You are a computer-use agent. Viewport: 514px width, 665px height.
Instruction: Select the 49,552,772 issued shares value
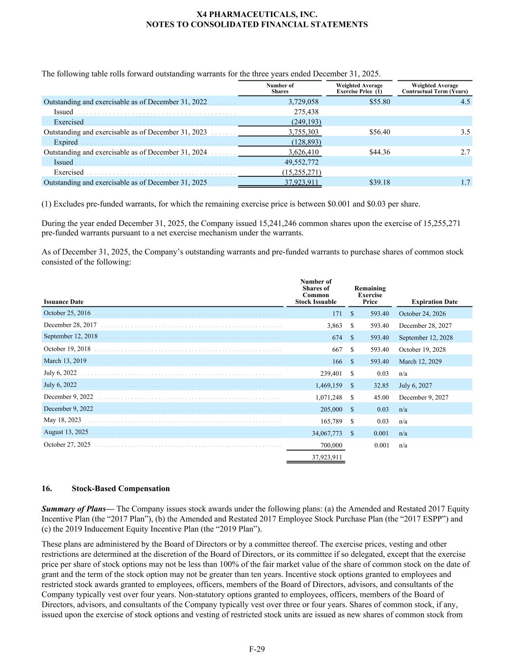301,162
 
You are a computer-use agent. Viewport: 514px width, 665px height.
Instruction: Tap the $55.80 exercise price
380,102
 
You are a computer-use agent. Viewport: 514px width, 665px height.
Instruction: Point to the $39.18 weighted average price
380,182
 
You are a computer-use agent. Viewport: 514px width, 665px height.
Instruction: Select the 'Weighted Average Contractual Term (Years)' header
435,88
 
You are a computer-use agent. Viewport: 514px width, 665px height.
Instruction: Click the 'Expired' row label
66,142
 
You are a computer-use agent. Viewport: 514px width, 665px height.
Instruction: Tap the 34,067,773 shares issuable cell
327,433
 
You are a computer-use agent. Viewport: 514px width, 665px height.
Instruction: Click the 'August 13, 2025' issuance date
66,432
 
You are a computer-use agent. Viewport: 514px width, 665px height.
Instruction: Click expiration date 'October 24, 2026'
422,314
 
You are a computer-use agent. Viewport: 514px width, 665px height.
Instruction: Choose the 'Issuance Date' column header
63,302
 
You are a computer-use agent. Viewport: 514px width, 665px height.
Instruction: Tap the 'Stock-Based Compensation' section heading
120,489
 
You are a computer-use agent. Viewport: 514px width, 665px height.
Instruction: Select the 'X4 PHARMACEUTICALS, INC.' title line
257,15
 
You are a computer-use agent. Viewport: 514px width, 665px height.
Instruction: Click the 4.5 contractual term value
465,102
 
